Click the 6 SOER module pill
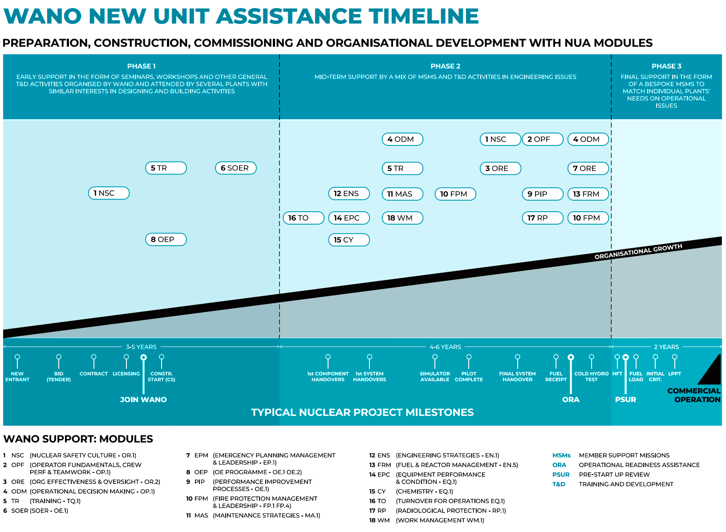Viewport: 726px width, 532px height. coord(235,168)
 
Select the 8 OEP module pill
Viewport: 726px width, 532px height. coord(166,239)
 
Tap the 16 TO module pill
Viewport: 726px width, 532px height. coord(303,218)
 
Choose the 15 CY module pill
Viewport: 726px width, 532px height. coord(349,240)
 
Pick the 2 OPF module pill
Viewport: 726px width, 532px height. coord(542,139)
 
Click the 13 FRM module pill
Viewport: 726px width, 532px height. coord(588,194)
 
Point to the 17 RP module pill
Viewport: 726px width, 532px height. coord(542,218)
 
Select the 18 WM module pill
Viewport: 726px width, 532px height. coord(402,218)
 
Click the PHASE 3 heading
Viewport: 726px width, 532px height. coord(666,66)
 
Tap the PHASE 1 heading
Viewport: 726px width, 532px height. coord(142,66)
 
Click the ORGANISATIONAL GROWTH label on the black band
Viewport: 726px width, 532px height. coord(638,251)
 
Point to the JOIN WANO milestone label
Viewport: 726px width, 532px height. coord(143,399)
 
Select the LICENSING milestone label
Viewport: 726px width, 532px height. coord(126,374)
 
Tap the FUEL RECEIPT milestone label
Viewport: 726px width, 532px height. coord(556,376)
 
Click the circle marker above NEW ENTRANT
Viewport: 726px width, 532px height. coord(17,357)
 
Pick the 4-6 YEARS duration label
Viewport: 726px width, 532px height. coord(445,347)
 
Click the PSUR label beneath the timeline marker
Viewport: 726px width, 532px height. coord(625,399)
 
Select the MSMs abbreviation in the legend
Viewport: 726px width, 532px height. coord(561,455)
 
